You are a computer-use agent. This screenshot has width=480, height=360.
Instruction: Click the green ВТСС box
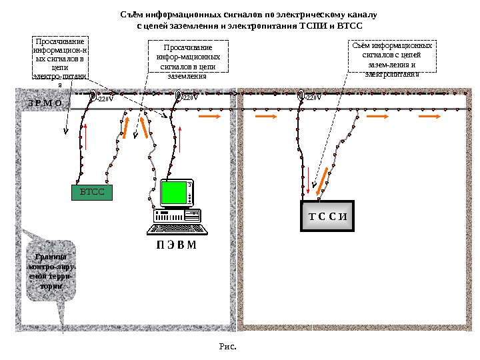(x=92, y=193)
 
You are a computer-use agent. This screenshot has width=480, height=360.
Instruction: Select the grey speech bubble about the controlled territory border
(x=51, y=272)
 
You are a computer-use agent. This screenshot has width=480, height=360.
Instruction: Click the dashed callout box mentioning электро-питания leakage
(x=59, y=63)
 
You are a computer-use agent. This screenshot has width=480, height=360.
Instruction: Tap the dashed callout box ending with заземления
(x=187, y=61)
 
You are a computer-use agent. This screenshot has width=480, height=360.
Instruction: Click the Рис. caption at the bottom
(x=228, y=346)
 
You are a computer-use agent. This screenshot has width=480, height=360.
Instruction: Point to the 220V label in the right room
(x=313, y=97)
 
